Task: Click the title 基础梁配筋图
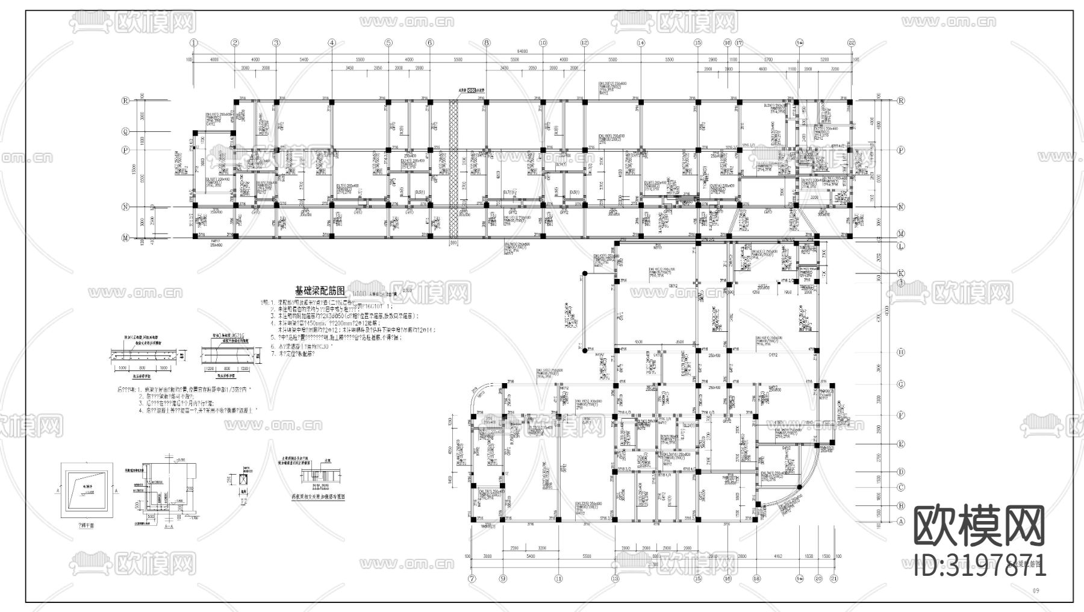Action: [x=319, y=290]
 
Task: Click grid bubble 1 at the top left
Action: [x=194, y=43]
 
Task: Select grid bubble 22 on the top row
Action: [x=851, y=43]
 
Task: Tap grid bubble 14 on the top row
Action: [x=640, y=43]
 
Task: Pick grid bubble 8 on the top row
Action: [x=487, y=43]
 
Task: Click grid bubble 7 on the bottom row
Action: [x=472, y=578]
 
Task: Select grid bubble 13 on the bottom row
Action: [x=615, y=578]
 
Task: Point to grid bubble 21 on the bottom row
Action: [x=834, y=578]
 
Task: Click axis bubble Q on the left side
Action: [x=126, y=131]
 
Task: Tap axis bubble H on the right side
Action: [x=902, y=352]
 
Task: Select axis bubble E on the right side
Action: [x=902, y=444]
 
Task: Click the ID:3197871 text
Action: [x=980, y=566]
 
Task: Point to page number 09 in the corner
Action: [x=1036, y=591]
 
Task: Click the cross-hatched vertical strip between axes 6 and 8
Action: [x=455, y=169]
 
